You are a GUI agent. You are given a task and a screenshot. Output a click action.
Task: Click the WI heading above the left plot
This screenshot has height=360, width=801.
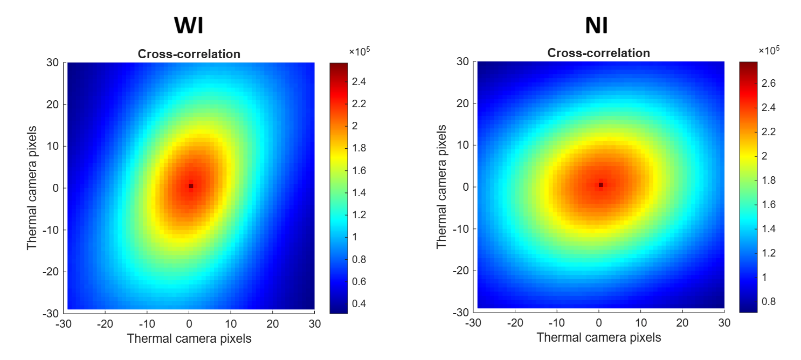[189, 25]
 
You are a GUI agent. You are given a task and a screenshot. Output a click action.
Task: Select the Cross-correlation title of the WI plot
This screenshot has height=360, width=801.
[189, 54]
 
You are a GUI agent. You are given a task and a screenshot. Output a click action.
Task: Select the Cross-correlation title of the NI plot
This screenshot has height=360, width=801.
[598, 53]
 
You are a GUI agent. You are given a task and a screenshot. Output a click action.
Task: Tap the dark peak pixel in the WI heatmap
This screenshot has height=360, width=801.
[191, 186]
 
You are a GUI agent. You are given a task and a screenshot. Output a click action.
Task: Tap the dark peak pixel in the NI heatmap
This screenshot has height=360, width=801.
[600, 185]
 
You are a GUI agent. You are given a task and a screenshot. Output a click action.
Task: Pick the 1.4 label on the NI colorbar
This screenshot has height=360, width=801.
[769, 229]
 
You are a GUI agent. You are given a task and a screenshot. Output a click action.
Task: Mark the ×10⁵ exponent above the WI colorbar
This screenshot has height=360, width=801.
[359, 52]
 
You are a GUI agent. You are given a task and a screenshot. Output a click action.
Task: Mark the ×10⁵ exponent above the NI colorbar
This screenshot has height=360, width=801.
[769, 51]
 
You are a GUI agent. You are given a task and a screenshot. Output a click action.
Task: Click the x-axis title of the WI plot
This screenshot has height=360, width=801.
[189, 338]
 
